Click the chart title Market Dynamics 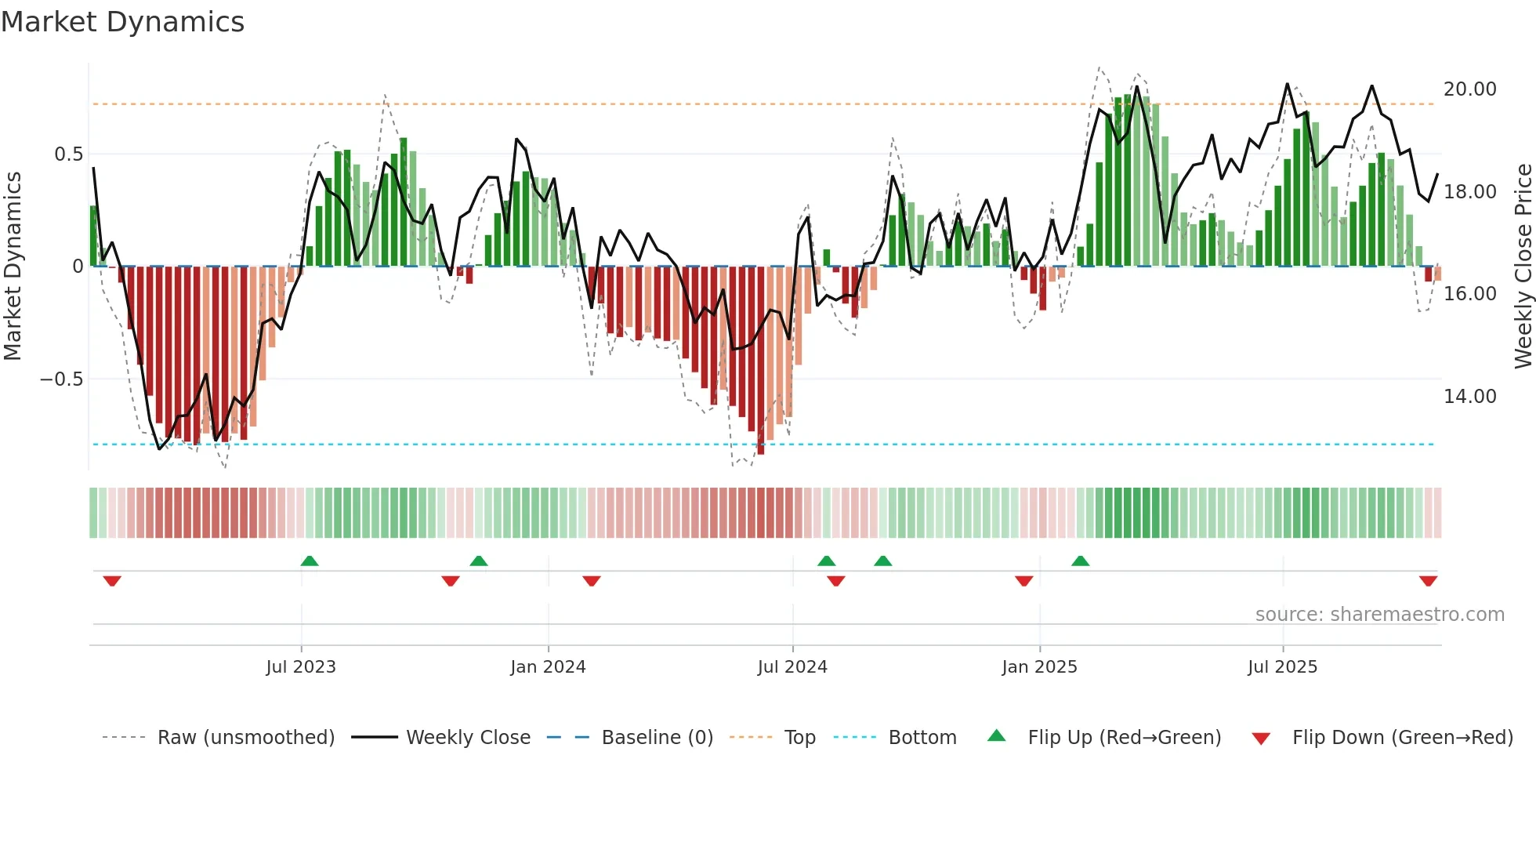[x=123, y=22]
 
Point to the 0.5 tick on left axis [x=68, y=154]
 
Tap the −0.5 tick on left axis [x=61, y=379]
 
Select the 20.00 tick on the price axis [x=1469, y=89]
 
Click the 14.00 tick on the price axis [x=1469, y=397]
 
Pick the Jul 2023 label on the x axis [x=301, y=667]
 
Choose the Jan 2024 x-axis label [x=548, y=667]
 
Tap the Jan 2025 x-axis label [x=1039, y=667]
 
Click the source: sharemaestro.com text [x=1379, y=615]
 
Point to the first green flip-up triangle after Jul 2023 [x=310, y=561]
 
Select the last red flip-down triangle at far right [x=1428, y=581]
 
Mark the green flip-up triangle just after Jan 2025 [x=1080, y=561]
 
